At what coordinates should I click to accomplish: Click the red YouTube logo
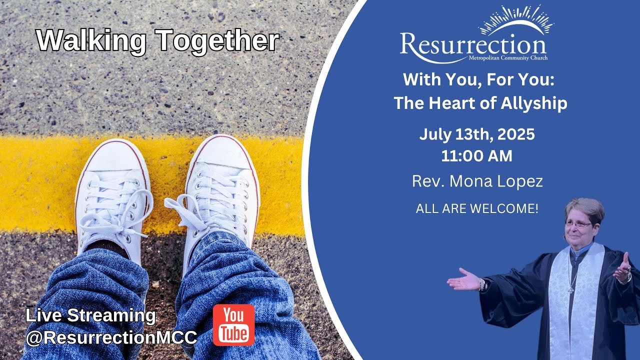click(233, 325)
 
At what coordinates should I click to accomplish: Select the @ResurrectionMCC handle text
click(111, 337)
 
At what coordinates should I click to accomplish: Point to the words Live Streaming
click(90, 315)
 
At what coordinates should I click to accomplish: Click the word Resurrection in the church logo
click(472, 45)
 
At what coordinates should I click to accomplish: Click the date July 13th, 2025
click(477, 134)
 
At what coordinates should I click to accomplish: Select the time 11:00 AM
click(476, 156)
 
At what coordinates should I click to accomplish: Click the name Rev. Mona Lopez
click(477, 181)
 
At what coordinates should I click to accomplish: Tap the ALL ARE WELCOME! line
click(477, 208)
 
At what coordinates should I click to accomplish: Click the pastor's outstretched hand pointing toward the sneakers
click(463, 281)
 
